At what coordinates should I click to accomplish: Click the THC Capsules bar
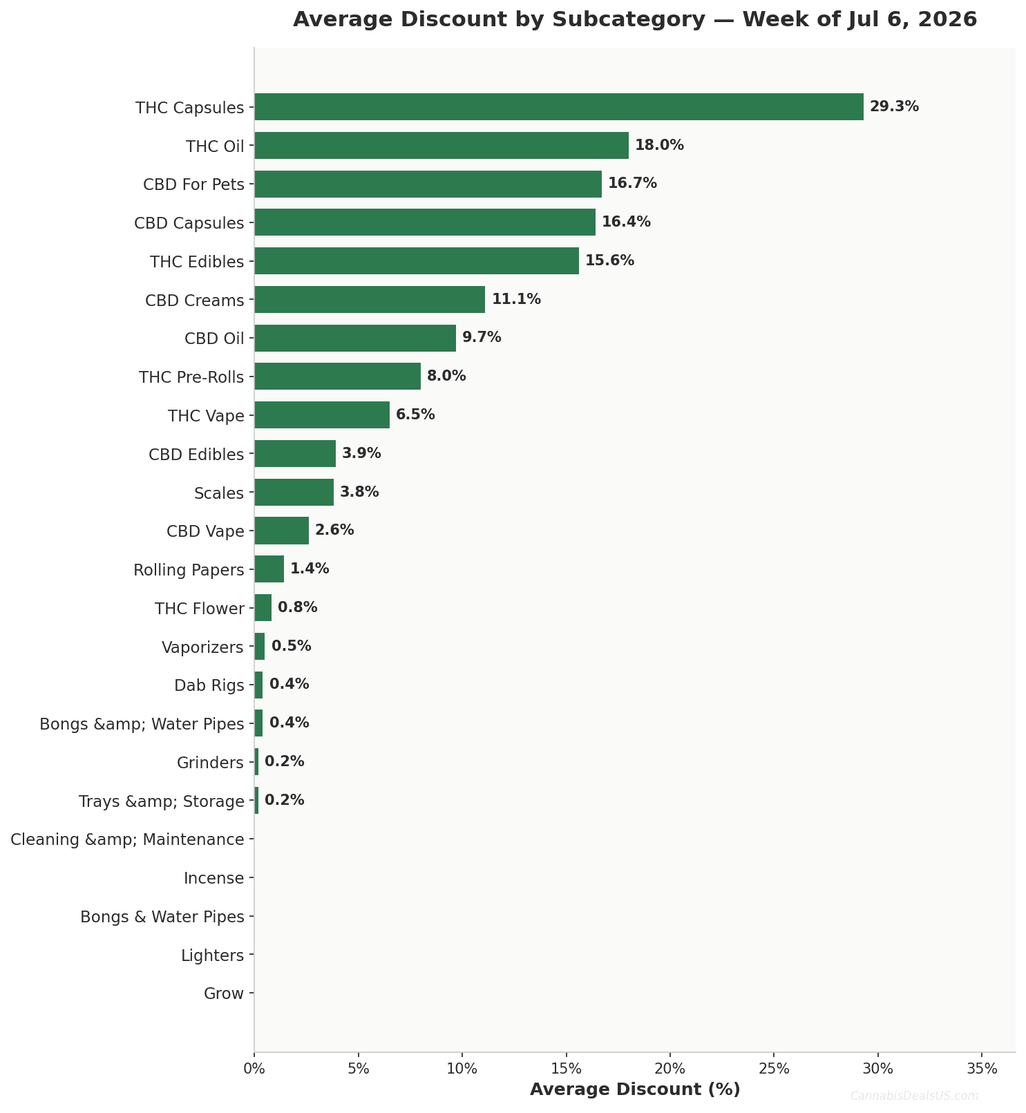coord(559,107)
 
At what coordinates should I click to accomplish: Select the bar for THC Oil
coord(441,146)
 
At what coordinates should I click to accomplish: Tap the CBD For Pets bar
coord(428,184)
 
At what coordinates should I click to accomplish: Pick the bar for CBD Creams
coord(370,300)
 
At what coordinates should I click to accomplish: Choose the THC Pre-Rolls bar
coord(338,377)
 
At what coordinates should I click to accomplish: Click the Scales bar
coord(294,493)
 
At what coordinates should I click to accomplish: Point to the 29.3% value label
coord(894,107)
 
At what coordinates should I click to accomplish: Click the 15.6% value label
coord(609,261)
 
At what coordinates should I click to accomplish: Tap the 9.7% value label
coord(482,338)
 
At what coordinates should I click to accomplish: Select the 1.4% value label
coord(310,569)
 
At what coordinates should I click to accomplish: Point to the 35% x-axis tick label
coord(982,1069)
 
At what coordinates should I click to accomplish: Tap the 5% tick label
coord(359,1069)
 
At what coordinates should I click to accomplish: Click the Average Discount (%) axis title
coord(635,1090)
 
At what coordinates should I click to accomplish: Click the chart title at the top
coord(635,19)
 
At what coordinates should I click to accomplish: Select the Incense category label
coord(213,879)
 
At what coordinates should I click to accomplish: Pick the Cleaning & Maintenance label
coord(127,840)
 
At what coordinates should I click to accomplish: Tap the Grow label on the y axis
coord(224,994)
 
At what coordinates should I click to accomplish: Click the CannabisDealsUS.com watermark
coord(914,1096)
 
